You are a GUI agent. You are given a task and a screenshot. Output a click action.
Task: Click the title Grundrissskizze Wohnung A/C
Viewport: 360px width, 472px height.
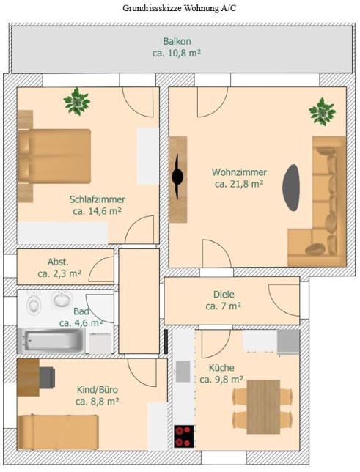coord(179,8)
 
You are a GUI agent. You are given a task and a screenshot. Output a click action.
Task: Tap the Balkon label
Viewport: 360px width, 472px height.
coord(177,41)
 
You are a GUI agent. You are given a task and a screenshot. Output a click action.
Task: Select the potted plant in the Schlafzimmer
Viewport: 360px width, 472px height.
coord(77,101)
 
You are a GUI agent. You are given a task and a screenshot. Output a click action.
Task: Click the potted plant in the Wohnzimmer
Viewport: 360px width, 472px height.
coord(323,111)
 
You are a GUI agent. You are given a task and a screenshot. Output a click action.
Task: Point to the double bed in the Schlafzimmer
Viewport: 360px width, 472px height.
coord(54,156)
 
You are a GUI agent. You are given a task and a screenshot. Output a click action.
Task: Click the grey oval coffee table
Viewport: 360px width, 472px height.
coord(291,188)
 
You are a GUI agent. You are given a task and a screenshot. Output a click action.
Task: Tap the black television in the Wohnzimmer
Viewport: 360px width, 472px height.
coord(177,177)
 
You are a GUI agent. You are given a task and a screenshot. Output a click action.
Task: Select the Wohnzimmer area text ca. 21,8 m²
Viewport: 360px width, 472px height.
coord(239,184)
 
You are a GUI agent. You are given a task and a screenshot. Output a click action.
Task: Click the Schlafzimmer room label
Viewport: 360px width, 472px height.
coord(98,199)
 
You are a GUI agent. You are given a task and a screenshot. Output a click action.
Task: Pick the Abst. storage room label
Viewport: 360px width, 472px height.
coord(58,262)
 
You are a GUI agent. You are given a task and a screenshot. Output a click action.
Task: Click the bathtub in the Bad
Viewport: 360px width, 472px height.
coord(54,340)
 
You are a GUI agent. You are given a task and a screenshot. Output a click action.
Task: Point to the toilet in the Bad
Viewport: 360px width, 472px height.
coord(34,304)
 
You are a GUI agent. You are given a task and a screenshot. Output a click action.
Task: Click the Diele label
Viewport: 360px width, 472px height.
coord(224,294)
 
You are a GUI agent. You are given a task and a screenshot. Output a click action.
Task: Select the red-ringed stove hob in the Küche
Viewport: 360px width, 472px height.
coord(184,436)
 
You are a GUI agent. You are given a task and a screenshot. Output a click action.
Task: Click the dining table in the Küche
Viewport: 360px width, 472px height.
coord(263,406)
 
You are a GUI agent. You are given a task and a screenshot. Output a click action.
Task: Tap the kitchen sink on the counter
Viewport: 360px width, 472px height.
coord(183,371)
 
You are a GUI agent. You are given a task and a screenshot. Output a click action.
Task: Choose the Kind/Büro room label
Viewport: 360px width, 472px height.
coord(98,390)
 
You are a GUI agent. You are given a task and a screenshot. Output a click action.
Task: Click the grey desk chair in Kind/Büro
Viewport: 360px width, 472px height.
coord(47,377)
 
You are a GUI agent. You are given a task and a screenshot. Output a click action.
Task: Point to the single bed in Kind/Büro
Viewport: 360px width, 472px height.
coord(58,432)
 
